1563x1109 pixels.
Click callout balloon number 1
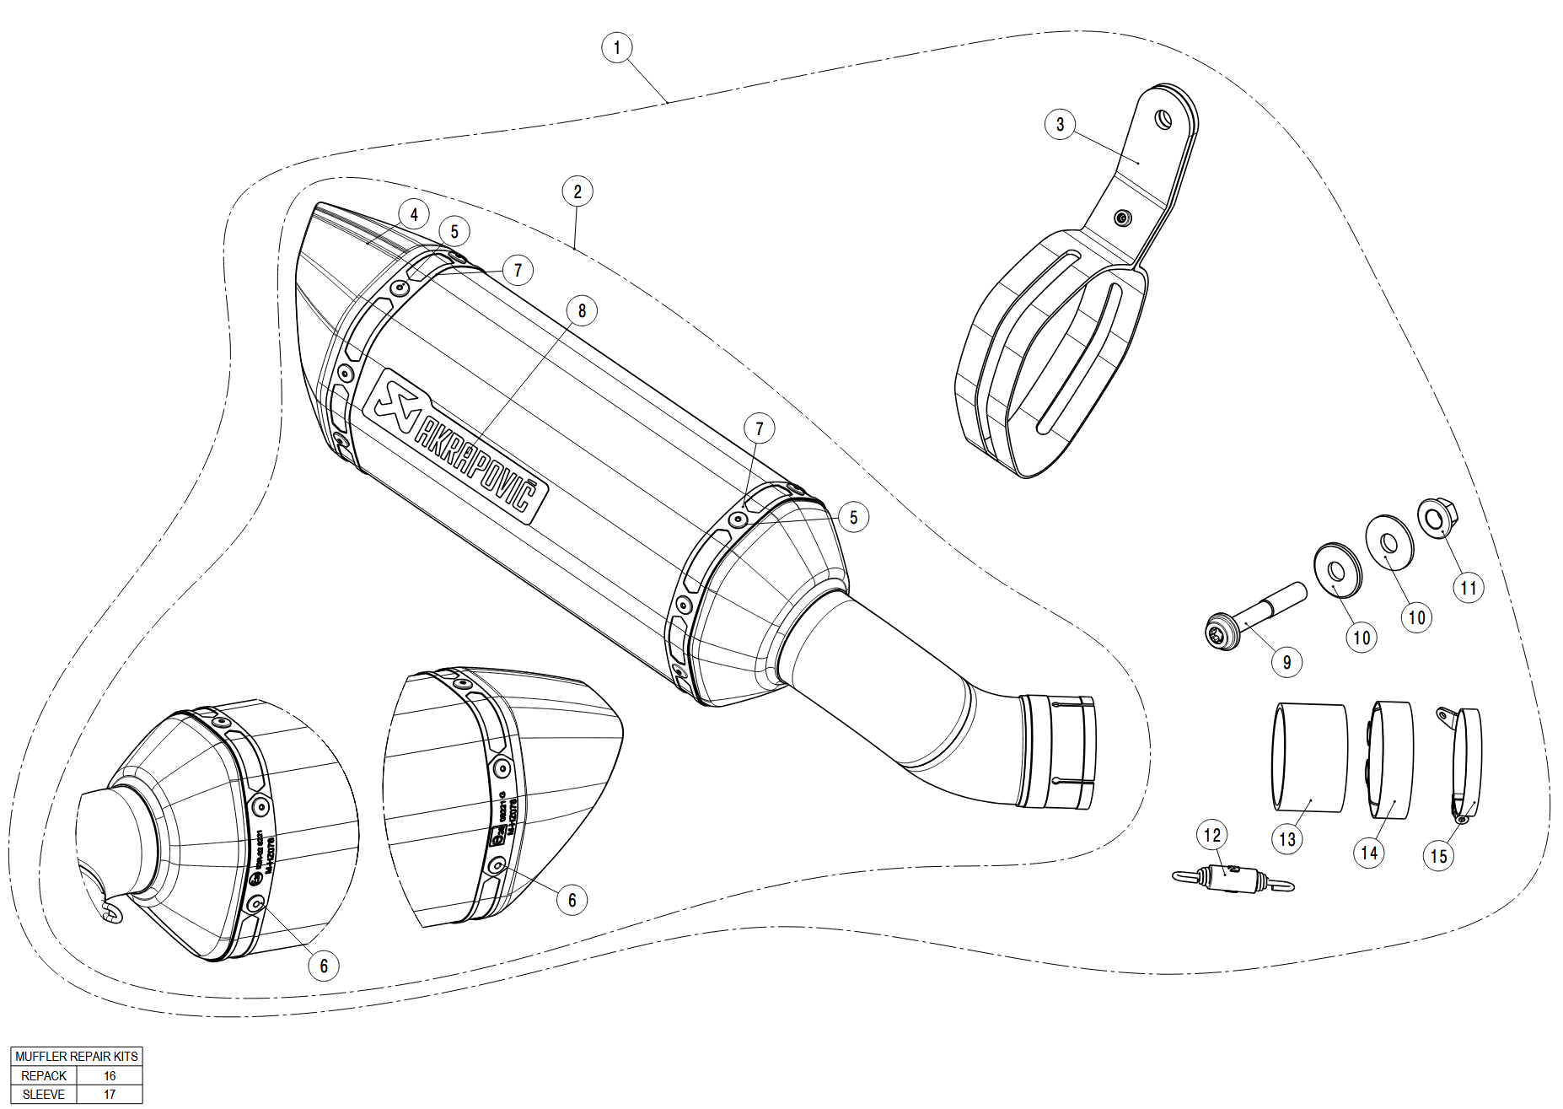(x=617, y=47)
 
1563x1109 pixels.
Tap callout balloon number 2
(x=577, y=191)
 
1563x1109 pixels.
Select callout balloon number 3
(x=1060, y=125)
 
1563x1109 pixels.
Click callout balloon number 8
(x=582, y=310)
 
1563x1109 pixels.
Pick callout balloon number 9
(x=1286, y=662)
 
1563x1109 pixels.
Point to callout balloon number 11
(x=1469, y=588)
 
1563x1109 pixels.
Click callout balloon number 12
(x=1212, y=835)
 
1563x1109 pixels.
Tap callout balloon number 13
(x=1286, y=839)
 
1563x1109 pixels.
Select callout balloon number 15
(x=1438, y=856)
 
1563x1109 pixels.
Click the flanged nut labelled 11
(x=1436, y=519)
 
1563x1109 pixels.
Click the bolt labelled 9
(x=1256, y=612)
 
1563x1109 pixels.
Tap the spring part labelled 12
(x=1233, y=879)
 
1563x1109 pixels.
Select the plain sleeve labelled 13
(x=1309, y=756)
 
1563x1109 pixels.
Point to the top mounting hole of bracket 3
(x=1163, y=120)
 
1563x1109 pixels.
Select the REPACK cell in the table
(x=44, y=1076)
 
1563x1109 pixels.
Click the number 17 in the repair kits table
(x=110, y=1095)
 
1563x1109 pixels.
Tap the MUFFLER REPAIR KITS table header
(x=77, y=1057)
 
